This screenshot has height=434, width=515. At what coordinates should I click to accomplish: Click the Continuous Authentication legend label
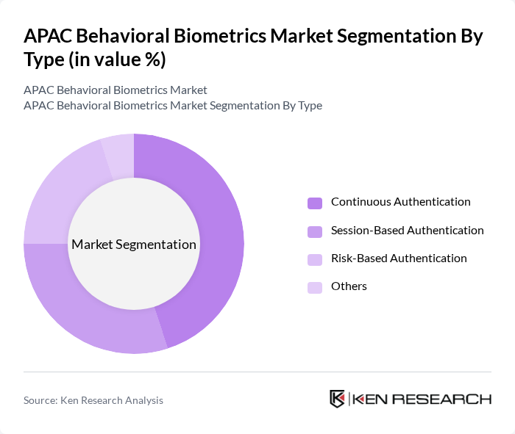pyautogui.click(x=400, y=202)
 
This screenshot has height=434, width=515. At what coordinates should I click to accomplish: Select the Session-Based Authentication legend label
pyautogui.click(x=407, y=231)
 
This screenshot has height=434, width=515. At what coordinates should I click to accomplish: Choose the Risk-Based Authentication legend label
pyautogui.click(x=399, y=258)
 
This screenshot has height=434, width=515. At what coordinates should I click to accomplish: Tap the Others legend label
pyautogui.click(x=349, y=286)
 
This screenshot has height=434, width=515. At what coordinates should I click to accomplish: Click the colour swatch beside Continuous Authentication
pyautogui.click(x=315, y=203)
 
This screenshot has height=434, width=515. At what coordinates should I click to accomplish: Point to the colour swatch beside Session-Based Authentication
pyautogui.click(x=315, y=231)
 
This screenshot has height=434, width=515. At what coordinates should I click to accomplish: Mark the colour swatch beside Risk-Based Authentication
pyautogui.click(x=315, y=259)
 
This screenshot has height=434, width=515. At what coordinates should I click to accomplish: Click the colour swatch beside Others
pyautogui.click(x=315, y=287)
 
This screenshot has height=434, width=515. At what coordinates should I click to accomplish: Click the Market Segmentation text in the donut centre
pyautogui.click(x=134, y=245)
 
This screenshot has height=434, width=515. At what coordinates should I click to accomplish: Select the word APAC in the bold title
pyautogui.click(x=49, y=37)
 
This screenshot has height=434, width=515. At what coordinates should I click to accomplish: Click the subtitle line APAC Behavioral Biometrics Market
pyautogui.click(x=116, y=90)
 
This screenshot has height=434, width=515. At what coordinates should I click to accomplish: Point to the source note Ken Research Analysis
pyautogui.click(x=93, y=400)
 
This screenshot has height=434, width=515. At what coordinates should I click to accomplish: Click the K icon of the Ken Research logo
pyautogui.click(x=338, y=399)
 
